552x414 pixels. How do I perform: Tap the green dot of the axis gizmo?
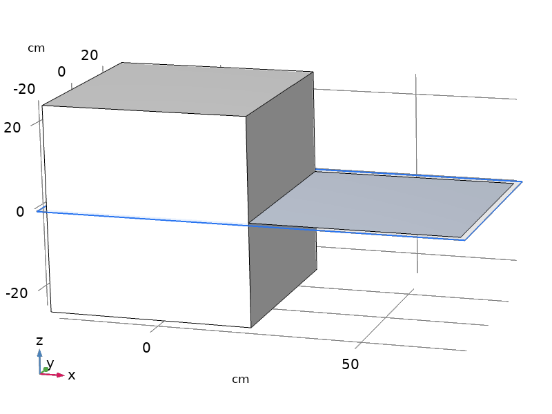pos(45,370)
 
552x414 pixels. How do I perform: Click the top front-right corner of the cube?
pos(247,116)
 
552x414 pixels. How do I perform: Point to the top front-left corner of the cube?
pos(43,106)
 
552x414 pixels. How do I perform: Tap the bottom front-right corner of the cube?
pos(250,327)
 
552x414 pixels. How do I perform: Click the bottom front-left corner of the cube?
pos(51,311)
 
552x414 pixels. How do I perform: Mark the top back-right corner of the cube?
pos(313,72)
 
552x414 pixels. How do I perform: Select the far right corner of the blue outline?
pos(522,181)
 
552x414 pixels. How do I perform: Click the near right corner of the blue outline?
pos(464,240)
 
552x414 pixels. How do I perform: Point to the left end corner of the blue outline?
pos(37,211)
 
